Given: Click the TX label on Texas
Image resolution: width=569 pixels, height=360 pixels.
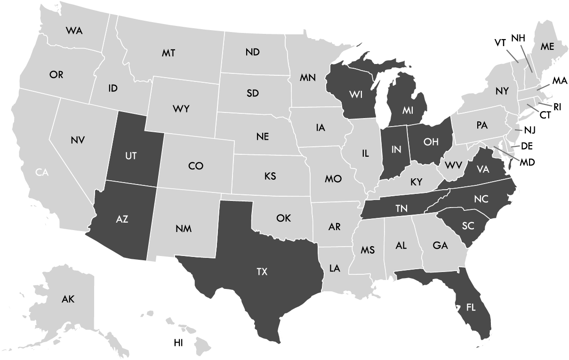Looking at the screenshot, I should (262, 272).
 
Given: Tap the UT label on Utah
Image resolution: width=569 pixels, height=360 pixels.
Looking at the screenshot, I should (131, 156).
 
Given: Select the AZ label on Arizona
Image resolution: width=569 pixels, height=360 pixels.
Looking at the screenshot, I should (122, 219).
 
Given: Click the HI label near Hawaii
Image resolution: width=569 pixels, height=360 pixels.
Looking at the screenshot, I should (178, 343).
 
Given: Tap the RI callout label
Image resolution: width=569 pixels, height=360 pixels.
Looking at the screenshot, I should (557, 107).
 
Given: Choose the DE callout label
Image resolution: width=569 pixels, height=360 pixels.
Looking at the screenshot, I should (526, 146).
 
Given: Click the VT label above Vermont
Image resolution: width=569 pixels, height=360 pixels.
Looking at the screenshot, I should (500, 43).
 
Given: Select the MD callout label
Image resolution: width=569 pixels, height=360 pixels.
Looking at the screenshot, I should (528, 162).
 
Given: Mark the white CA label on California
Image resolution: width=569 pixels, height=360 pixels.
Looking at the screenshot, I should (42, 173).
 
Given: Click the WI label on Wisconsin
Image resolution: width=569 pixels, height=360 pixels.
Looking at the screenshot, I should (355, 94).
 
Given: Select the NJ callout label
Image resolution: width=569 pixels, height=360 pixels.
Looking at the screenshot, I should (530, 129).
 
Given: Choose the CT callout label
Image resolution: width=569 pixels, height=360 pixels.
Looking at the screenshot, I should (545, 115).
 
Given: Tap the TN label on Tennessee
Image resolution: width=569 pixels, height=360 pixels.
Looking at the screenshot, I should (401, 209).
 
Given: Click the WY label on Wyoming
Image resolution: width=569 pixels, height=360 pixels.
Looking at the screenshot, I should (181, 109).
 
